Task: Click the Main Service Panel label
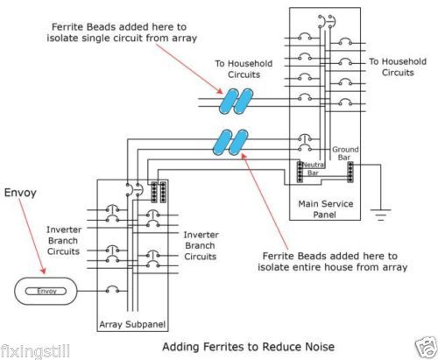325,209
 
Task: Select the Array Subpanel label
132,324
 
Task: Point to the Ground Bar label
345,153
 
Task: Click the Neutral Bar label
313,169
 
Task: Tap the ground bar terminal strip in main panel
350,173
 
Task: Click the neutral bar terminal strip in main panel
300,172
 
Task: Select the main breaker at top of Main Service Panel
327,21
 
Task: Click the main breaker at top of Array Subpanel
134,190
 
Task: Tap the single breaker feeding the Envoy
112,289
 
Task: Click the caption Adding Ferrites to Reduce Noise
248,347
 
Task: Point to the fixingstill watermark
35,351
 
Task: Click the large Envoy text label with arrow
20,193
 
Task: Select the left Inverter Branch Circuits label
63,241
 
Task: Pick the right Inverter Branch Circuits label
201,245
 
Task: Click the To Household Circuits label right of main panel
398,67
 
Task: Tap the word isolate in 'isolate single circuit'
62,38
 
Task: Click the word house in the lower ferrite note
338,267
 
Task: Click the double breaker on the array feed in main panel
305,143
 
